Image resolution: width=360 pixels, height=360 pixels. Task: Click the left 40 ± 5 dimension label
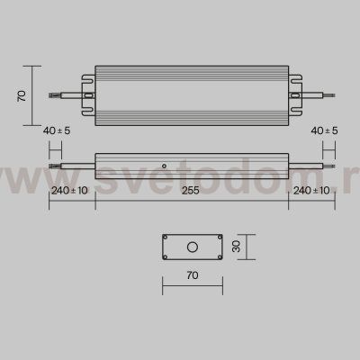point(58,131)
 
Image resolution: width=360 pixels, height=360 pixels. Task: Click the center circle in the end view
point(191,246)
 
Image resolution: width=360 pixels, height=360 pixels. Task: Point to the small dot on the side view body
point(163,166)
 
